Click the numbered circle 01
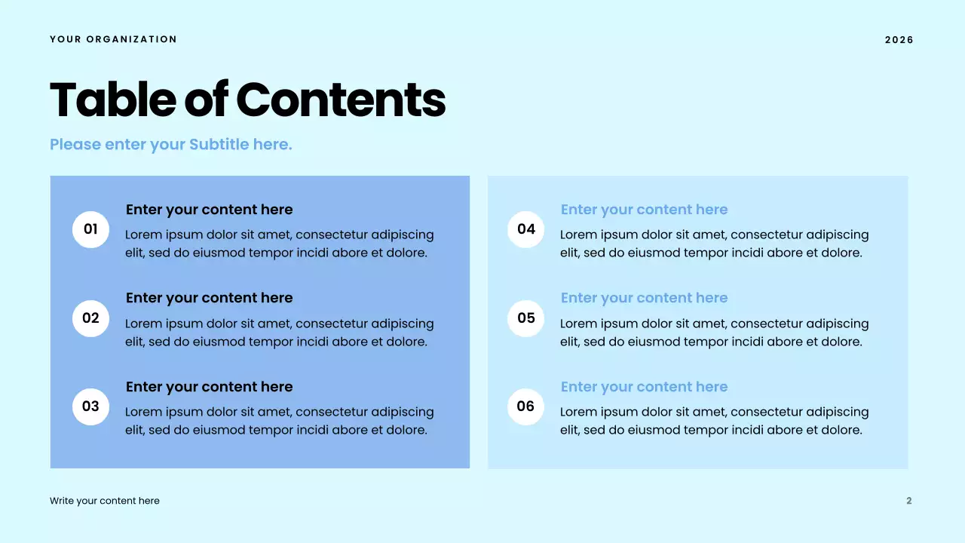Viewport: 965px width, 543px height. click(x=91, y=229)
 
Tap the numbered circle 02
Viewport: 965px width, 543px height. click(x=91, y=318)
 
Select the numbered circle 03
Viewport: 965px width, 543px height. click(x=91, y=406)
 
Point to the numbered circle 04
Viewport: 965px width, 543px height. click(x=526, y=229)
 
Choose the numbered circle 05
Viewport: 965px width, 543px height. click(x=526, y=318)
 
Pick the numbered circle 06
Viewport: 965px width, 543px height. click(x=526, y=406)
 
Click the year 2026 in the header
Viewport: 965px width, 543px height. click(x=899, y=40)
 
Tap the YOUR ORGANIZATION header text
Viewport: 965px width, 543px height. click(x=113, y=39)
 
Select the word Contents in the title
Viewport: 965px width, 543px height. click(x=341, y=100)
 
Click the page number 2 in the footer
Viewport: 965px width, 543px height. click(x=908, y=501)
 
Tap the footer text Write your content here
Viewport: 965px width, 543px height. click(x=105, y=501)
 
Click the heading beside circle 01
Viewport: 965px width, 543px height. click(x=209, y=210)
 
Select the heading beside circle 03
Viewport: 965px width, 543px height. click(x=209, y=387)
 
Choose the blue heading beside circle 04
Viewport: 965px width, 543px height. click(x=644, y=210)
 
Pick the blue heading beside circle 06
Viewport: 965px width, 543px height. click(x=644, y=387)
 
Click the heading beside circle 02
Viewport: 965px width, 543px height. click(x=209, y=298)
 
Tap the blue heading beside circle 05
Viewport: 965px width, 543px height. click(x=644, y=298)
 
